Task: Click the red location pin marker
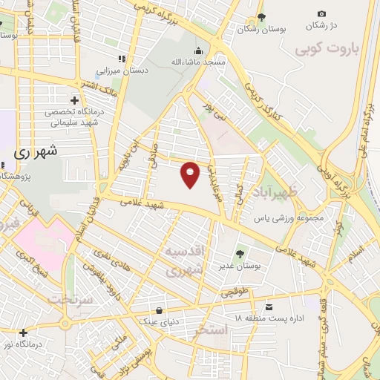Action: pyautogui.click(x=191, y=174)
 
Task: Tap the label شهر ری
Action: pyautogui.click(x=36, y=151)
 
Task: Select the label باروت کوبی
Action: pyautogui.click(x=326, y=50)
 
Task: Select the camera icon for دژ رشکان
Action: pyautogui.click(x=321, y=13)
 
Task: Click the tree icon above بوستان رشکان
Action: pyautogui.click(x=261, y=17)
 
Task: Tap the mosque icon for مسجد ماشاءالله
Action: pyautogui.click(x=198, y=50)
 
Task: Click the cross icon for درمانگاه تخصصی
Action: pyautogui.click(x=74, y=99)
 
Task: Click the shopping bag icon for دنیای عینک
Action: pyautogui.click(x=158, y=310)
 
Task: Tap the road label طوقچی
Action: pyautogui.click(x=232, y=294)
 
